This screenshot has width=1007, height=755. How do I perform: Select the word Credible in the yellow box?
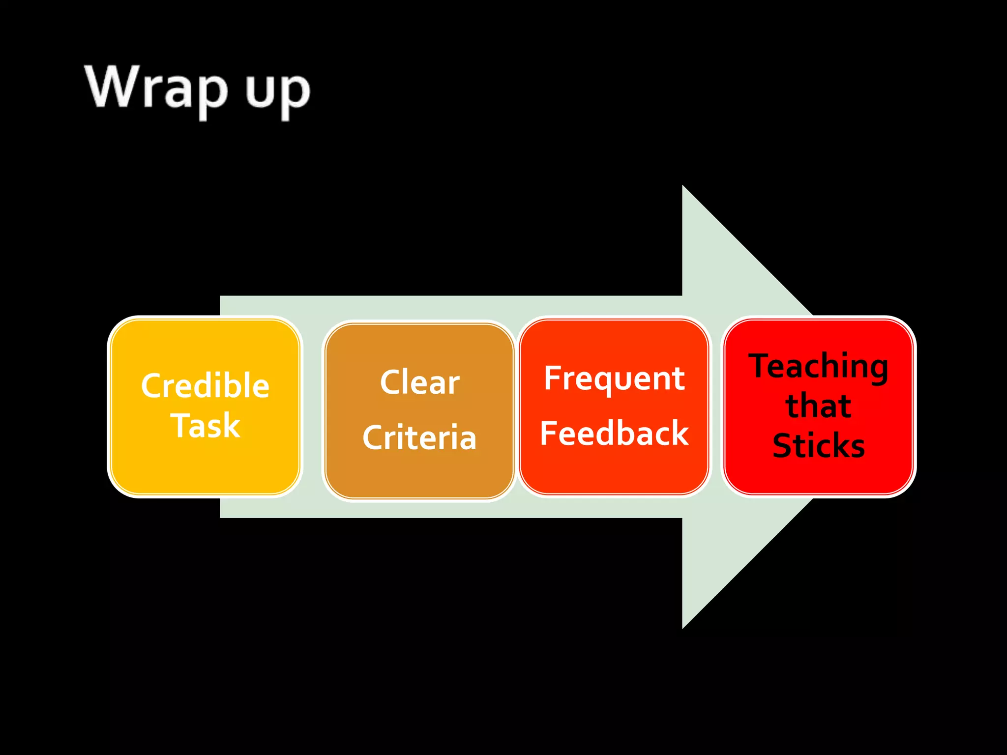[x=205, y=385]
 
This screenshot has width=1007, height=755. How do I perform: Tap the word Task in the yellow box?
[x=205, y=425]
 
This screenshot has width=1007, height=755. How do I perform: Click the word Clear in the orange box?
[x=419, y=382]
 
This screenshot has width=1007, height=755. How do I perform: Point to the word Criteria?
[x=419, y=437]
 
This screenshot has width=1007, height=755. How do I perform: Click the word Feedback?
[x=614, y=434]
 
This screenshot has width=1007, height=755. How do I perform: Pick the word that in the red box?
[x=819, y=407]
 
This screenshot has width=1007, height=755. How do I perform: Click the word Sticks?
[x=819, y=446]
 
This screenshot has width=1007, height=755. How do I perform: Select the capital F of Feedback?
[x=549, y=433]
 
